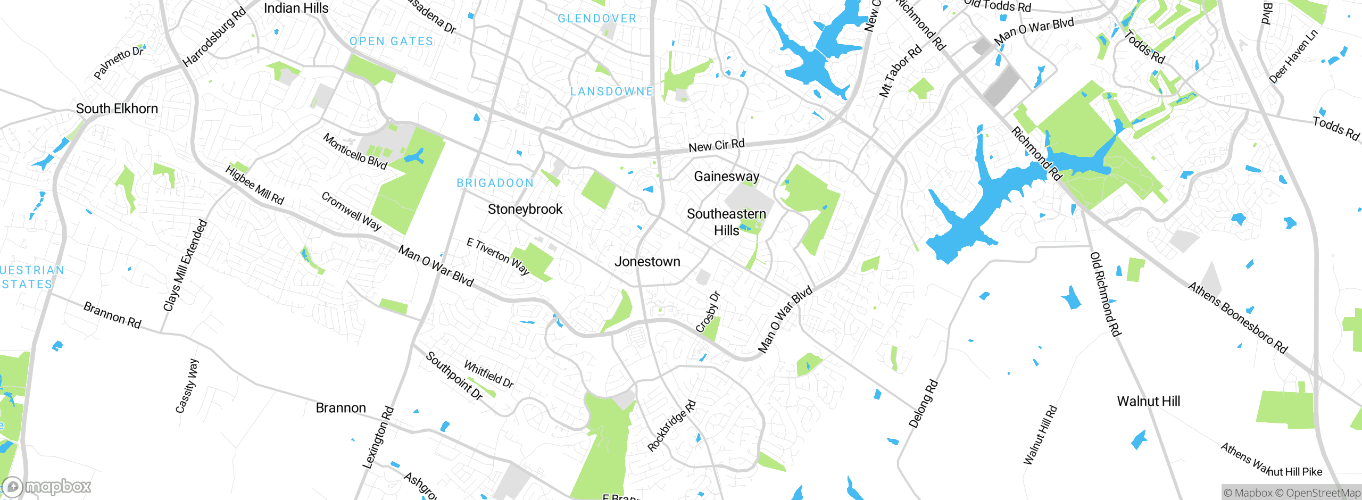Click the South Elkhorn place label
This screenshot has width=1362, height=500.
point(117,109)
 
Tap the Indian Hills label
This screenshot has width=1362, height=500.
point(296,8)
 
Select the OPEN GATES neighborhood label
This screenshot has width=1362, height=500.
point(391,41)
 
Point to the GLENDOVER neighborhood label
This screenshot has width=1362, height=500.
point(596,19)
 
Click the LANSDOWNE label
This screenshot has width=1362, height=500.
point(611,91)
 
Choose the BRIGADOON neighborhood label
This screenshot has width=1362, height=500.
point(495,183)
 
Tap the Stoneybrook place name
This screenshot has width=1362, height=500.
point(525,209)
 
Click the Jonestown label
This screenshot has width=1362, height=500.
point(647,262)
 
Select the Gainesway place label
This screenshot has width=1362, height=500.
point(726,176)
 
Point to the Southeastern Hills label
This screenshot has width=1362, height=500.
point(726,222)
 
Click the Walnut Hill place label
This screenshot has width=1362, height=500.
point(1148,401)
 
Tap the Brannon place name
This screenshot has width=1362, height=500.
point(340,408)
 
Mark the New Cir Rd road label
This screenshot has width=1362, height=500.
point(716,145)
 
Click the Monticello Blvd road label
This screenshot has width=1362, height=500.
point(355,152)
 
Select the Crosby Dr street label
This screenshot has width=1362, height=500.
point(708,312)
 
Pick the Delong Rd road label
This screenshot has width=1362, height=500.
point(923,404)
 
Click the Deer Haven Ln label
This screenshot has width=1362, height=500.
point(1293,56)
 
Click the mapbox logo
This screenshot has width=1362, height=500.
point(47,486)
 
